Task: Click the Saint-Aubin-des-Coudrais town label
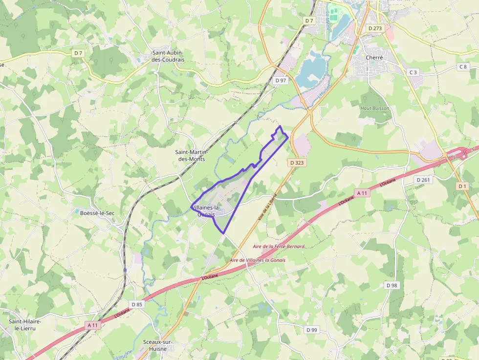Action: (168, 56)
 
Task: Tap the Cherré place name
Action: (374, 57)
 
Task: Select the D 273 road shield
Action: (375, 28)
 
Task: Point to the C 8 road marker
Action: (463, 66)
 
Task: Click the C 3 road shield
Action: (413, 72)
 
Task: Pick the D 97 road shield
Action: (281, 80)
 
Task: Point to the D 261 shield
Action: (423, 180)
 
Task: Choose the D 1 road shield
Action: (462, 186)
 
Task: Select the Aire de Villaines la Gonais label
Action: (257, 260)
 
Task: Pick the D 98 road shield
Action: (392, 285)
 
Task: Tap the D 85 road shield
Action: (137, 305)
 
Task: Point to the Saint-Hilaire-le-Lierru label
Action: (25, 324)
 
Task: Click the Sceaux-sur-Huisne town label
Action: (155, 345)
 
